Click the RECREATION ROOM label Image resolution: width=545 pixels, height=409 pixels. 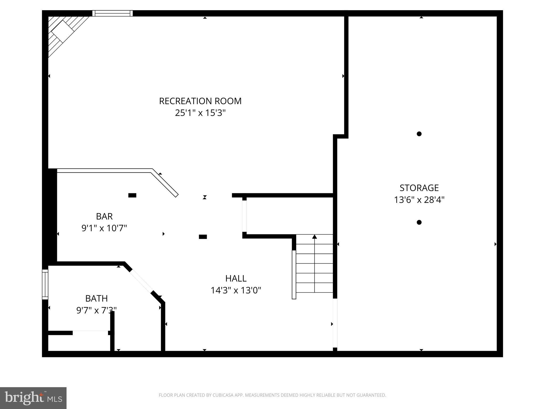point(200,101)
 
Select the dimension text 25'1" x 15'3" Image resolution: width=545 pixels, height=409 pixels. point(200,113)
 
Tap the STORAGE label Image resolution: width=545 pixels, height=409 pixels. point(419,188)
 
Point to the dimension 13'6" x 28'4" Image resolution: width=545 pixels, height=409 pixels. point(419,200)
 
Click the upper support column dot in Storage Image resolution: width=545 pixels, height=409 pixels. point(419,134)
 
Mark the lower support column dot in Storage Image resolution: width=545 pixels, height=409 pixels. point(419,222)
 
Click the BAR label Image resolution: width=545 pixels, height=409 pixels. point(104,216)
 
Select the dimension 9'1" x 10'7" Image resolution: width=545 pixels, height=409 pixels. point(104,228)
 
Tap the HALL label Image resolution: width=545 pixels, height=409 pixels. point(236,279)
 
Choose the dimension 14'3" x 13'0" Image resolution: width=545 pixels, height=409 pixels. point(236,290)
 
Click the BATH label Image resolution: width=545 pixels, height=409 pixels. point(96,299)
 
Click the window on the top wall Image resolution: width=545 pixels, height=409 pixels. point(112,13)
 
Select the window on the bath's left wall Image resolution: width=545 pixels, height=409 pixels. point(45,284)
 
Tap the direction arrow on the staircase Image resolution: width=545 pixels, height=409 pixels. point(315,237)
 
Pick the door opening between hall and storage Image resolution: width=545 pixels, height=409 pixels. point(335,323)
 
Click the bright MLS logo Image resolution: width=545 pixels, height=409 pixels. point(33,398)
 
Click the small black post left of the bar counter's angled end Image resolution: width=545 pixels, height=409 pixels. point(132,195)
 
